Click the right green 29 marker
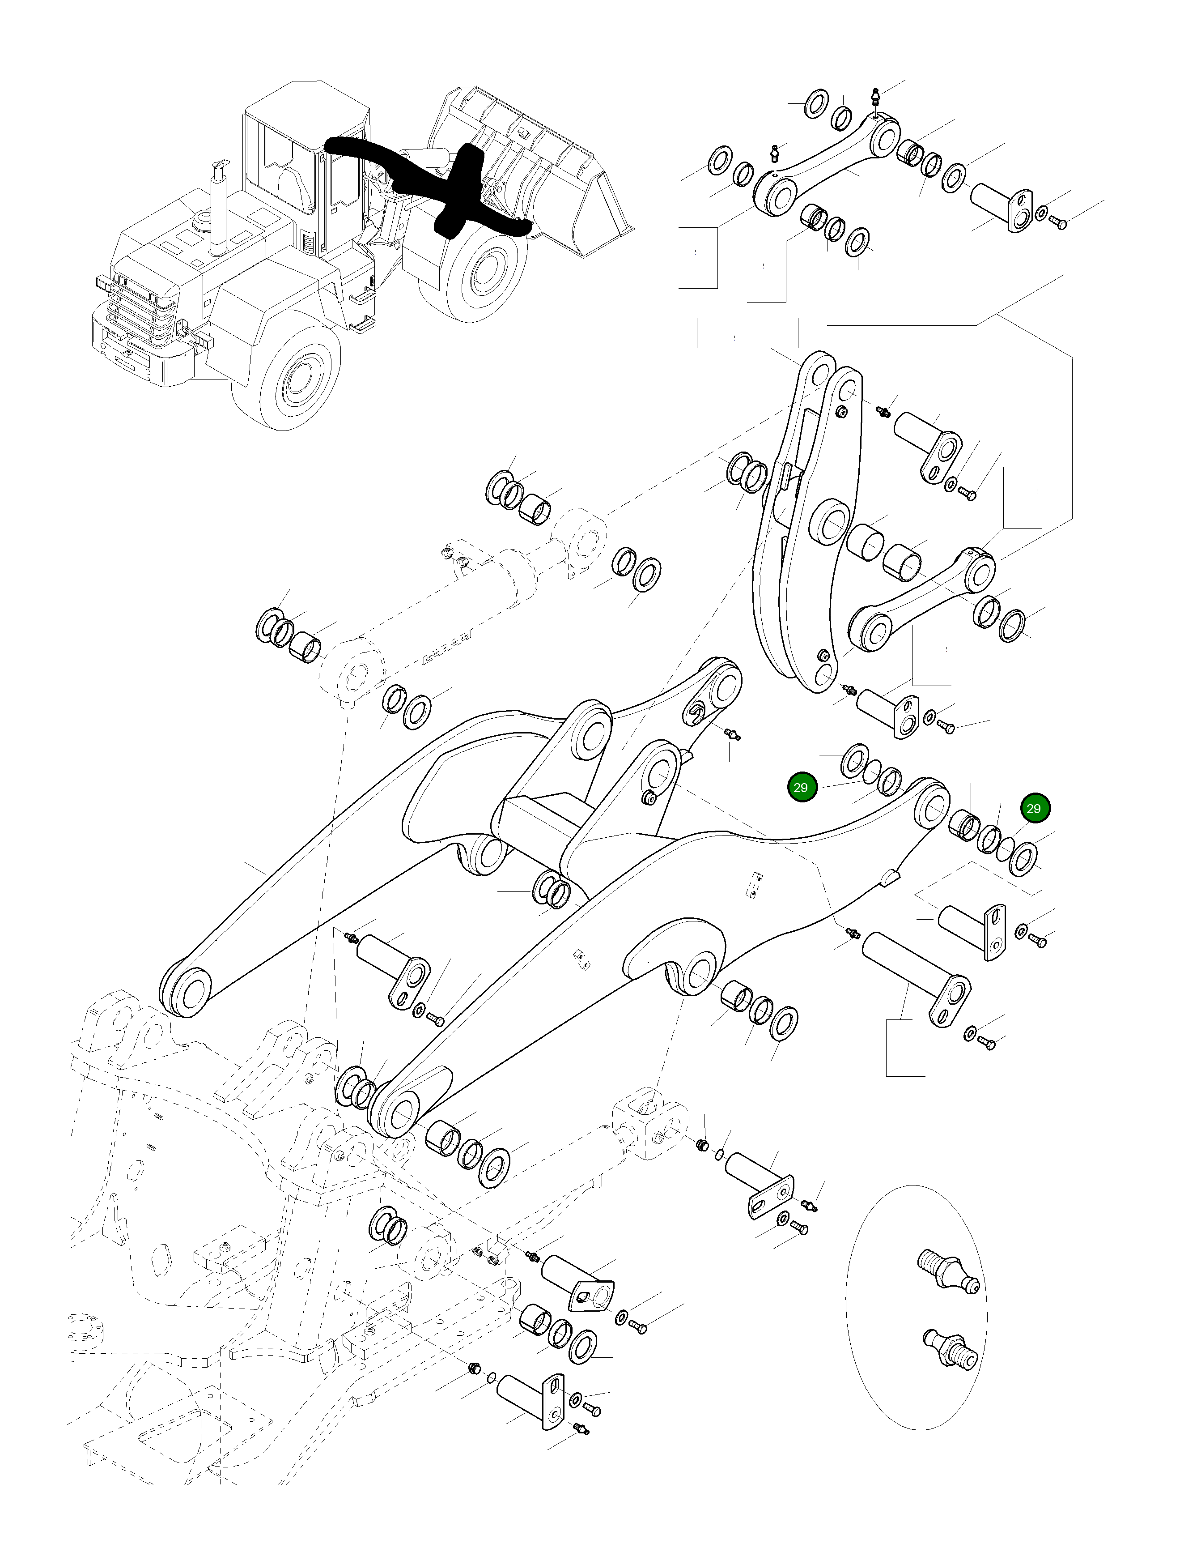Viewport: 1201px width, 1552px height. click(x=1034, y=809)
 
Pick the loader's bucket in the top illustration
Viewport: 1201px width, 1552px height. click(x=540, y=163)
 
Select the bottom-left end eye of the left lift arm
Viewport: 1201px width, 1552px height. click(x=186, y=990)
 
